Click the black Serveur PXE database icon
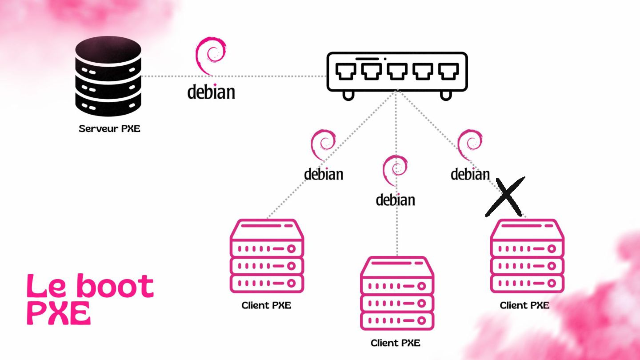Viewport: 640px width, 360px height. point(108,76)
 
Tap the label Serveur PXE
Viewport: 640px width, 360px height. point(109,129)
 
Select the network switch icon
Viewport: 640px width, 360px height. point(397,73)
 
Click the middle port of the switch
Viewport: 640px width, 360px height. point(397,71)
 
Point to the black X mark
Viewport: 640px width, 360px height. point(505,196)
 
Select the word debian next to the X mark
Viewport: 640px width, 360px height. point(470,174)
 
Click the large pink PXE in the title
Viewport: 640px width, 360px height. point(59,313)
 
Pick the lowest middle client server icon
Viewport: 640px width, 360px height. point(397,293)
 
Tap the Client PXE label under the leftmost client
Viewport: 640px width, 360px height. point(266,305)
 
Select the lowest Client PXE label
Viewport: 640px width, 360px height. point(396,343)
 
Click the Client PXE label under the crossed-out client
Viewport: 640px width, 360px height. point(524,305)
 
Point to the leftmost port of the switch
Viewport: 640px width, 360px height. point(345,71)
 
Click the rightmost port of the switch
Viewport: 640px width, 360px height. point(448,71)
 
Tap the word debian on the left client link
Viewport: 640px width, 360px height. point(324,174)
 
